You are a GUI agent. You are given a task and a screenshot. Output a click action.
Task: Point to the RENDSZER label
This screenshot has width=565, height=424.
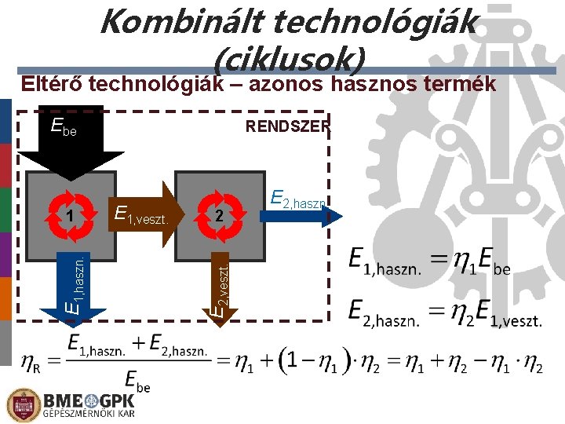coord(288,126)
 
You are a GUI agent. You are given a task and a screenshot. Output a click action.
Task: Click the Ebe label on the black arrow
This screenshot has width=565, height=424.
coord(64,126)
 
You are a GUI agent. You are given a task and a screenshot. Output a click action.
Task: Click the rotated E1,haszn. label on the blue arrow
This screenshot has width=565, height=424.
coord(75,283)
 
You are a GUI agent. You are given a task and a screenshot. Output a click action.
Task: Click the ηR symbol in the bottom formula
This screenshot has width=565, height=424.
coord(32,363)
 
